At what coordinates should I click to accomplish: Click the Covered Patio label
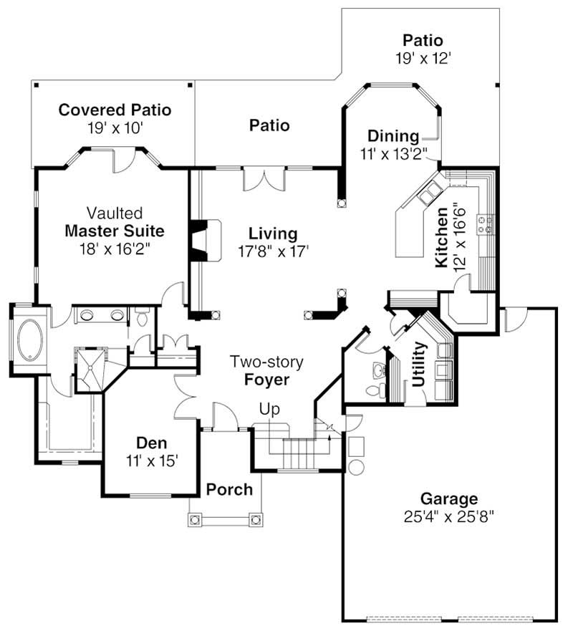click(115, 110)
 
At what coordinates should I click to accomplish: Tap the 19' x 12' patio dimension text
click(422, 59)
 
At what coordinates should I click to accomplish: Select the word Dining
click(393, 136)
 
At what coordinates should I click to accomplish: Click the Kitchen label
click(442, 238)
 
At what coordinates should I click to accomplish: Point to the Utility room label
click(419, 364)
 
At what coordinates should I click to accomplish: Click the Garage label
click(449, 498)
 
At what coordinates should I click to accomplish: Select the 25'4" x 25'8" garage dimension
click(449, 516)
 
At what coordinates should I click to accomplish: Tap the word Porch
click(229, 490)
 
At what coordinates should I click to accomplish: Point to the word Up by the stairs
click(270, 409)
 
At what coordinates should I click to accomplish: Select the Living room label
click(273, 233)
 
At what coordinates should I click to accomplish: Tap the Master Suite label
click(115, 231)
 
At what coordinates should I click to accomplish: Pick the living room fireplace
click(204, 240)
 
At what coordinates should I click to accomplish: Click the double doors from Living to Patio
click(266, 178)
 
